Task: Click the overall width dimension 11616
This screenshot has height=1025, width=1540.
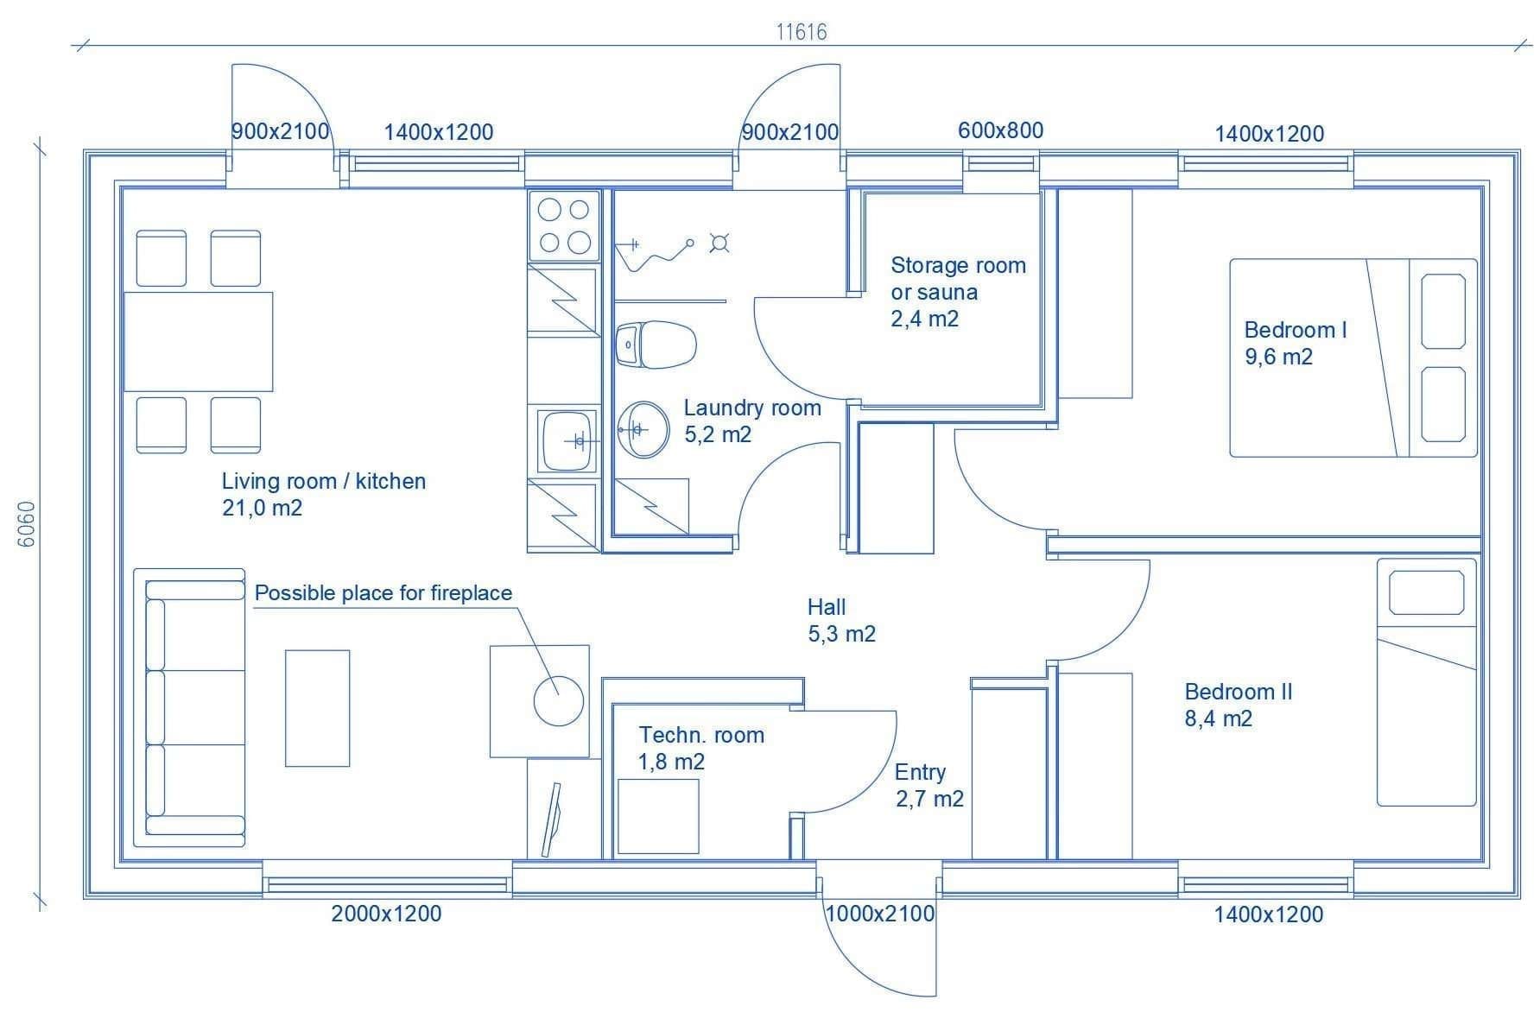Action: [x=802, y=32]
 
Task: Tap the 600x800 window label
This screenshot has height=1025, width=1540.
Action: [x=1000, y=130]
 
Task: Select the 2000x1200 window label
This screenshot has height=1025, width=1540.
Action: [x=386, y=914]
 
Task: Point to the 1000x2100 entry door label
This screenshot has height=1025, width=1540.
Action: [x=880, y=914]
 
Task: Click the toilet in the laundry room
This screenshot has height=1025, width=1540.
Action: [x=656, y=345]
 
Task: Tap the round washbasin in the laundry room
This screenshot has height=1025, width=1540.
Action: [x=643, y=427]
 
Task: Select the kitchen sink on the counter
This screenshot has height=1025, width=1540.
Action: [x=567, y=440]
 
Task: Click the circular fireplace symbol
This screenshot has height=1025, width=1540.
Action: [x=559, y=700]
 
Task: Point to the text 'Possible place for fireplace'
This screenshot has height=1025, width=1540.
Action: [x=383, y=593]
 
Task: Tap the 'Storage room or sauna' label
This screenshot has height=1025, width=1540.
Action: [x=959, y=278]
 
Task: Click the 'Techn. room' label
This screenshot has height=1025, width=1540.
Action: [x=701, y=735]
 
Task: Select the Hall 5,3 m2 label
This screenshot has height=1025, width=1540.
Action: [x=841, y=620]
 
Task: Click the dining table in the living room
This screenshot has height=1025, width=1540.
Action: [x=199, y=342]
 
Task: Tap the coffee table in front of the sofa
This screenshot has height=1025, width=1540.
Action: [x=318, y=708]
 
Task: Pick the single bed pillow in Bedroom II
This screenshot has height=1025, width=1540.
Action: [x=1426, y=593]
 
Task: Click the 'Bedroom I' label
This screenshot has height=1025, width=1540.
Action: [x=1295, y=330]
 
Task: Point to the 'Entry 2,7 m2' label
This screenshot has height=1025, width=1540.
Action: [x=928, y=785]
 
